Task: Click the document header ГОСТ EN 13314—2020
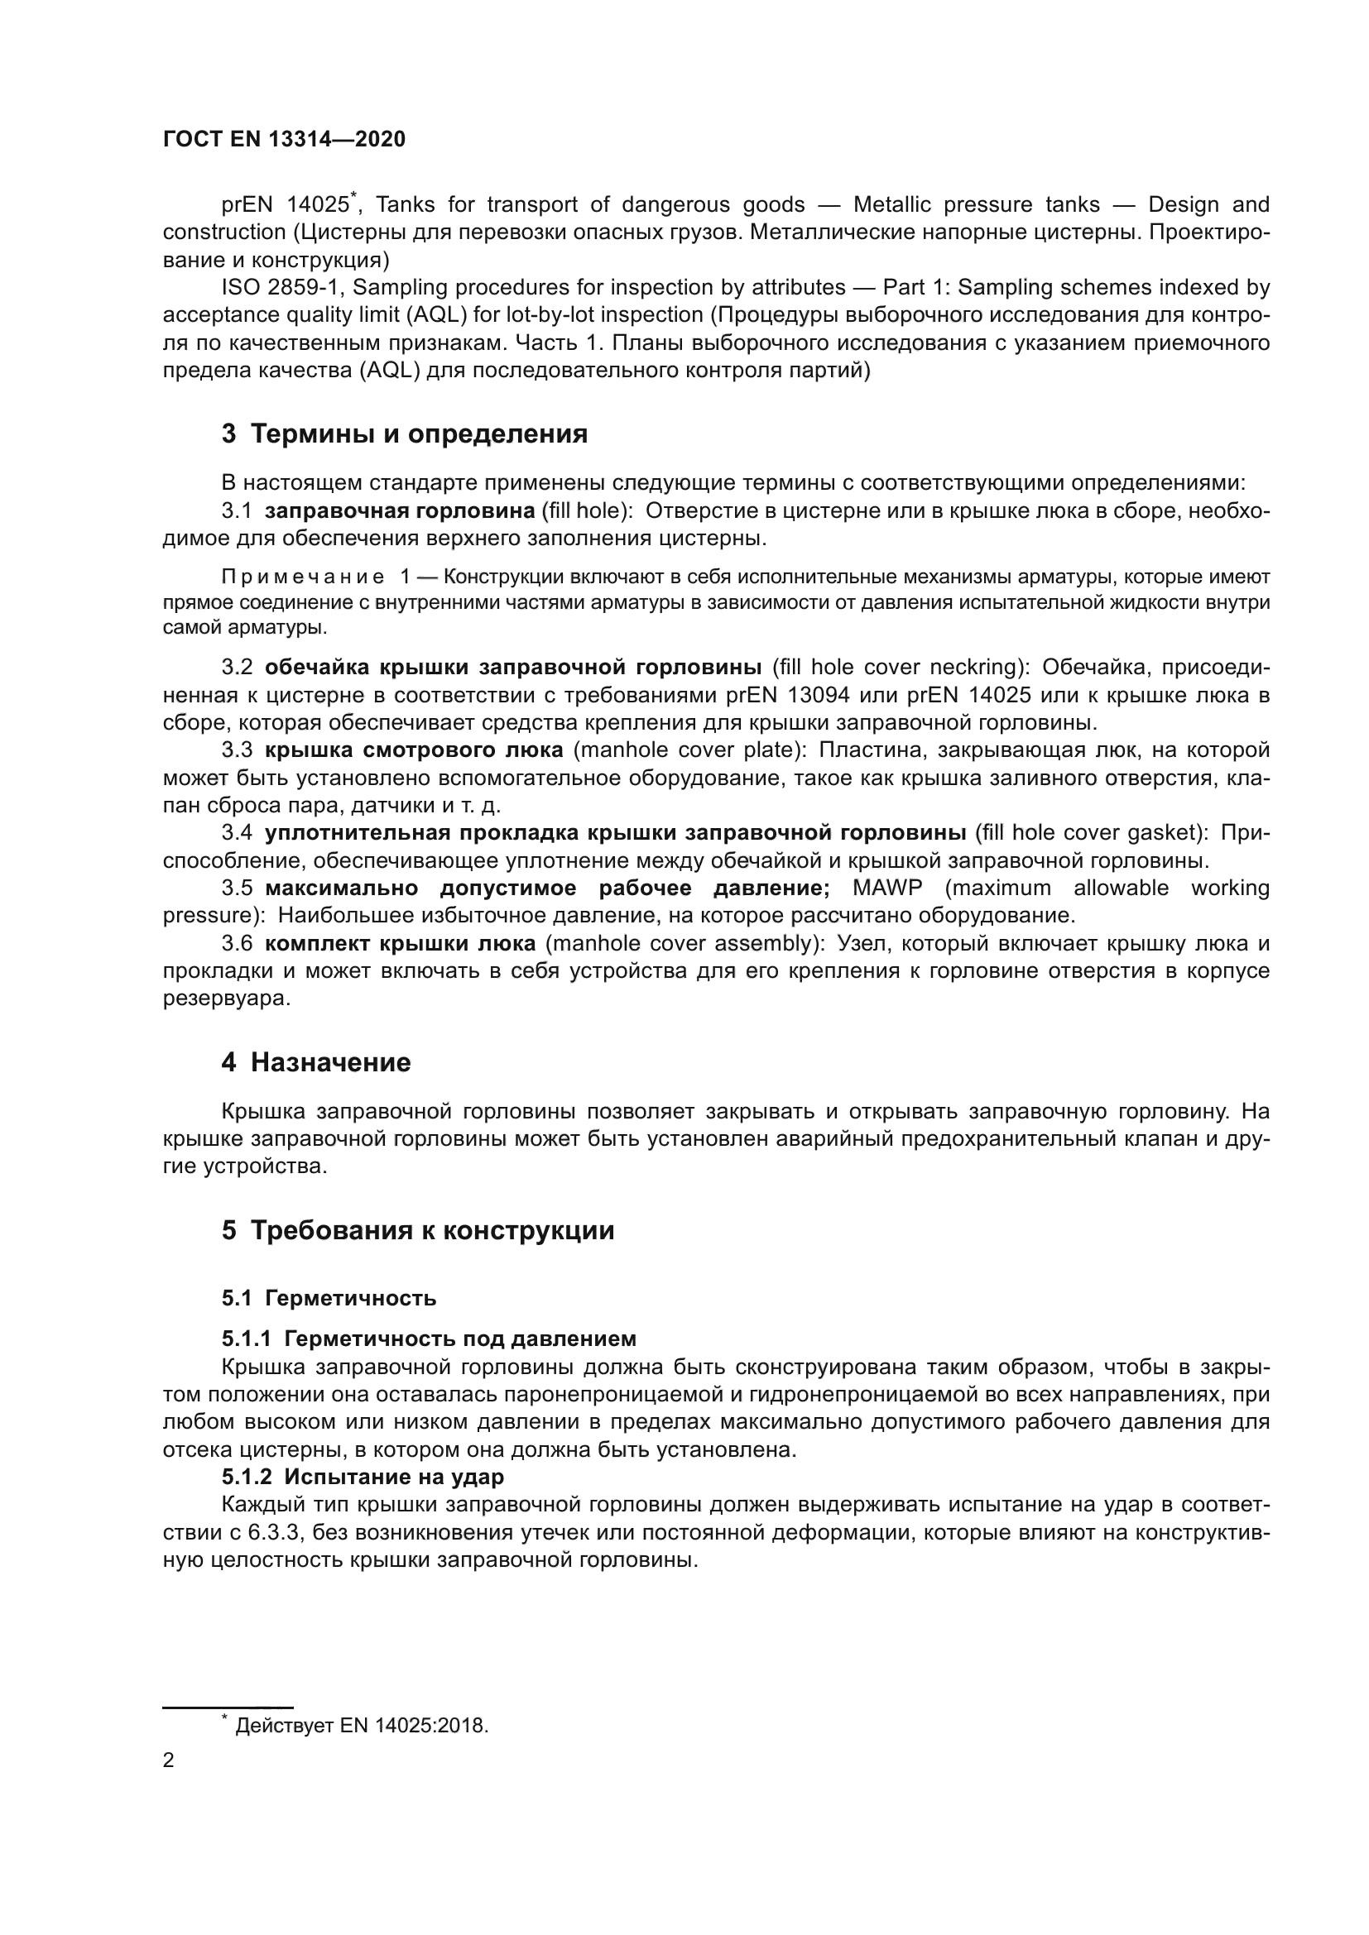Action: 284,139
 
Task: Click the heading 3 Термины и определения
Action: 405,434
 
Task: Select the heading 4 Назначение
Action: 316,1062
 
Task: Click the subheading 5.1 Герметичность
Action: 329,1298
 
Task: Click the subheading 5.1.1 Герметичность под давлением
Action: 429,1339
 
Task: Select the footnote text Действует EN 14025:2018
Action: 362,1725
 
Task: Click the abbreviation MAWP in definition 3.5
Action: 887,888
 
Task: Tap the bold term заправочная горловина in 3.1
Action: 400,510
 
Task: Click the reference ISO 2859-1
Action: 280,287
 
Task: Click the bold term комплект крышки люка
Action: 400,943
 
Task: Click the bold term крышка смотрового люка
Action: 414,750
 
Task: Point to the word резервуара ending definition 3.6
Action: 226,999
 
